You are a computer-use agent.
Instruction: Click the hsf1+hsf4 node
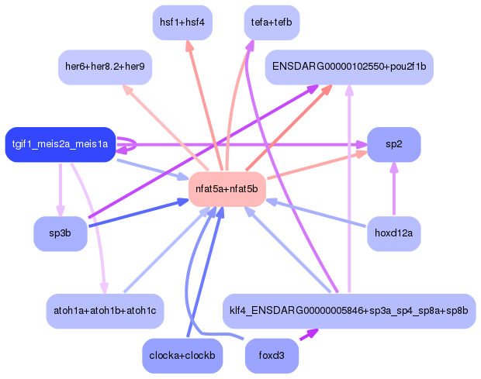coord(182,22)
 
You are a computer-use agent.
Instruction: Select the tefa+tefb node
coord(272,22)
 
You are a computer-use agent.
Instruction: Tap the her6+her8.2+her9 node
coord(106,68)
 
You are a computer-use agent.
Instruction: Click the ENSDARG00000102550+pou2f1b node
coord(349,68)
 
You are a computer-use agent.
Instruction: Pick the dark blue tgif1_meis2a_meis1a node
coord(61,144)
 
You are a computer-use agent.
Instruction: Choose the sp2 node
coord(394,144)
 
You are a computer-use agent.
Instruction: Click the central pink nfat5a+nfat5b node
coord(227,189)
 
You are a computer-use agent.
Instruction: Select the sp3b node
coord(61,234)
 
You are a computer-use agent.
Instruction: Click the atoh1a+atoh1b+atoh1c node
coord(105,310)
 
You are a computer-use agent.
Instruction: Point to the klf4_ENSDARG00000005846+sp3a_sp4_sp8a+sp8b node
coord(349,311)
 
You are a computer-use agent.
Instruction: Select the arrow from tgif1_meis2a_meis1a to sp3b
coord(61,190)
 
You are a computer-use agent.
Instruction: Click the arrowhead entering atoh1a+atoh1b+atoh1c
coord(103,288)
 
